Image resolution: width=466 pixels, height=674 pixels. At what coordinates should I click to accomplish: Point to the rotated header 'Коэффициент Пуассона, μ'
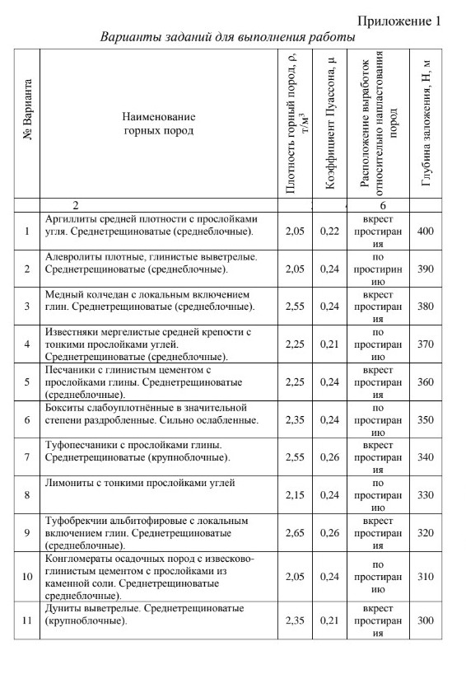point(330,124)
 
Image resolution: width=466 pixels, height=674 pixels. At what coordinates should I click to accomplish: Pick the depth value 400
point(426,232)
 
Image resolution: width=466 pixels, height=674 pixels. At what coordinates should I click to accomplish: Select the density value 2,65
point(294,532)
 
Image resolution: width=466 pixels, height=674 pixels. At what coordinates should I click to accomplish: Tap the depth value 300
point(426,620)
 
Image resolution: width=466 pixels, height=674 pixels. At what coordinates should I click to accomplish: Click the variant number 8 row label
point(27,494)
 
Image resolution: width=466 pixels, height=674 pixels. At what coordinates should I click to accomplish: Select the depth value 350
point(426,419)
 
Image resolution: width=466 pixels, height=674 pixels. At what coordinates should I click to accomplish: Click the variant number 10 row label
point(27,577)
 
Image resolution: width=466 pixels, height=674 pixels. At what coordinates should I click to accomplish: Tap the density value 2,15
point(294,494)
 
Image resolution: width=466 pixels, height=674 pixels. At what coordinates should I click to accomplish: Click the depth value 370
point(426,344)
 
